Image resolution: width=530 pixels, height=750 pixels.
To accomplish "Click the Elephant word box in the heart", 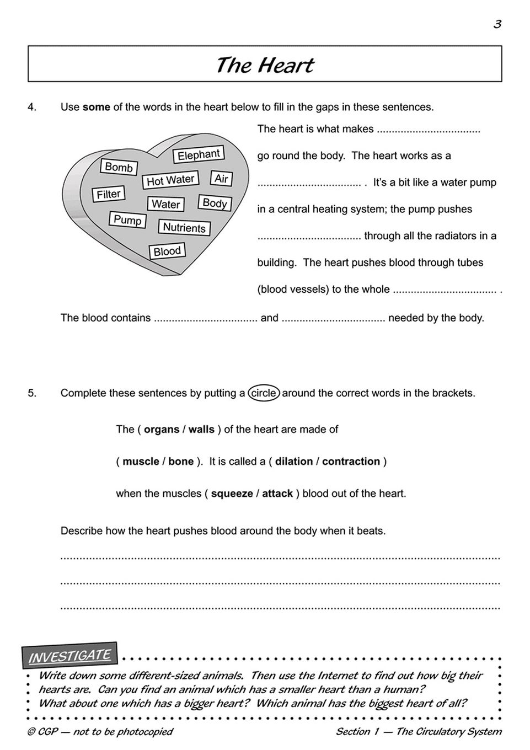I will point(198,155).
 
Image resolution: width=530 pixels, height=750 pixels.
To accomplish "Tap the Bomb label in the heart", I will point(119,167).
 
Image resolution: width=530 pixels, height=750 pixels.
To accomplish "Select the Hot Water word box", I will point(170,180).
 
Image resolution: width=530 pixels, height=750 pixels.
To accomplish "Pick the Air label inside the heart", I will point(221,178).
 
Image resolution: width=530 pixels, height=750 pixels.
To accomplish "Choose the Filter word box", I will point(108,194).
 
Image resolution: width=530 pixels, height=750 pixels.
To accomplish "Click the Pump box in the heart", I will point(127,220).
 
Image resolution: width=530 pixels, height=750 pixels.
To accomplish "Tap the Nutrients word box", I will point(184,227).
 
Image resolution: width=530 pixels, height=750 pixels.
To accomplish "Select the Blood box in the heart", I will point(167,251).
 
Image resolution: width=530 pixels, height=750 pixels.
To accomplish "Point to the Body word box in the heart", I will point(215,203).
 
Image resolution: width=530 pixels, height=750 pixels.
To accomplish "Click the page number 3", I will point(497,24).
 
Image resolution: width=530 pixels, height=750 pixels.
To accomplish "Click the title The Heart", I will point(265,65).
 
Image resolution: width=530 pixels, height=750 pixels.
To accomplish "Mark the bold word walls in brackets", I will point(201,429).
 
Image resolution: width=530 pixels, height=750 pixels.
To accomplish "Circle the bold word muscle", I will point(141,461).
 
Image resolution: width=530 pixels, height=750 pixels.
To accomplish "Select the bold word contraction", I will point(351,461).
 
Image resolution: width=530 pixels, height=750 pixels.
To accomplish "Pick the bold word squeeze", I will point(232,494).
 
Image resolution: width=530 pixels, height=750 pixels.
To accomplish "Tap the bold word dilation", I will point(293,461).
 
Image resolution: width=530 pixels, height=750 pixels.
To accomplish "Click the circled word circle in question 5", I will point(264,393).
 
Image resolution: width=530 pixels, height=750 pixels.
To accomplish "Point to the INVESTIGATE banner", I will point(69,656).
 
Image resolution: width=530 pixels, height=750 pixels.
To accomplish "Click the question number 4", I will point(32,107).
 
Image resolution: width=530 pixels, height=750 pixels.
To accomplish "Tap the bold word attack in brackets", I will point(277,494).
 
